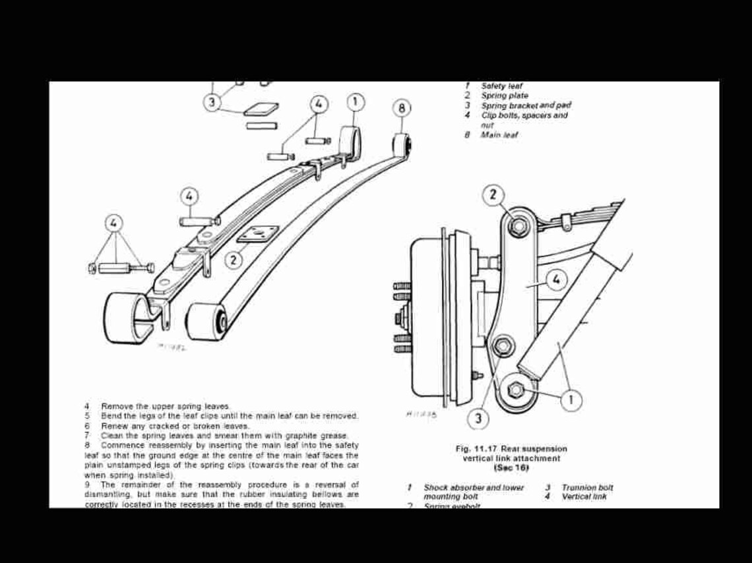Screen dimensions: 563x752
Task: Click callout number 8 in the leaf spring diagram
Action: (x=402, y=108)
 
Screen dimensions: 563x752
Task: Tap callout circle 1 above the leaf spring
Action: (x=355, y=102)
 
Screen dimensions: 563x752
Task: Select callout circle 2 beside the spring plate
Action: (x=233, y=260)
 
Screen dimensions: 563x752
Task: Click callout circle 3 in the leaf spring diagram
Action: (x=212, y=104)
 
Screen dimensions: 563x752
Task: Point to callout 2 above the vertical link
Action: (x=493, y=194)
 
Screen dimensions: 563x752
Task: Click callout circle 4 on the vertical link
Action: (x=556, y=280)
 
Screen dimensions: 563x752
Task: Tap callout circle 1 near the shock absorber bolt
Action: (x=571, y=399)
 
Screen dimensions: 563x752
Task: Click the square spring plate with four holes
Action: (x=258, y=234)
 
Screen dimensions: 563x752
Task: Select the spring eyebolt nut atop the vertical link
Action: (x=519, y=226)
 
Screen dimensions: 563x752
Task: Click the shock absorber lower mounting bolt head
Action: (x=515, y=390)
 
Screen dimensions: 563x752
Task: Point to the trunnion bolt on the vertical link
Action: (x=504, y=345)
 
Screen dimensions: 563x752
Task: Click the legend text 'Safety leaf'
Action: (x=501, y=86)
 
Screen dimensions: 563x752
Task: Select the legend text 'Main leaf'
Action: (x=499, y=135)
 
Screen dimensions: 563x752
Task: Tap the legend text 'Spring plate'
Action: (x=504, y=96)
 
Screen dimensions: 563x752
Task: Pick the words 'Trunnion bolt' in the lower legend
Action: (x=587, y=488)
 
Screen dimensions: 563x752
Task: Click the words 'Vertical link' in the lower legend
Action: (x=584, y=497)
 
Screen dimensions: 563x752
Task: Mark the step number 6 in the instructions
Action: (x=87, y=426)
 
